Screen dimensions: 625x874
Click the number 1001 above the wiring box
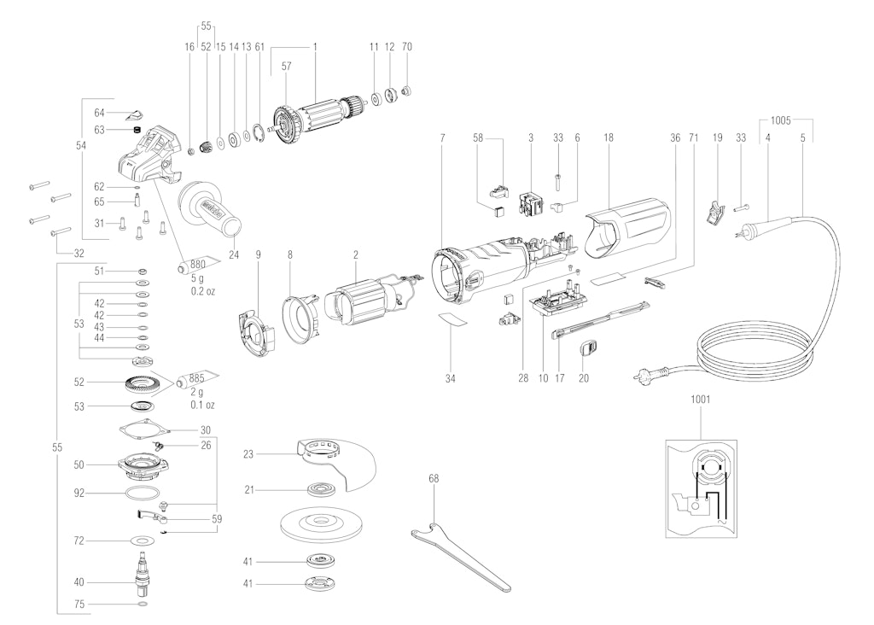pos(700,399)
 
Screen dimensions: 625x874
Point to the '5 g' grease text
pos(199,278)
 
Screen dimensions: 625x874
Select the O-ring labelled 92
pos(142,494)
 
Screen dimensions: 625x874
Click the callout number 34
pos(450,377)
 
